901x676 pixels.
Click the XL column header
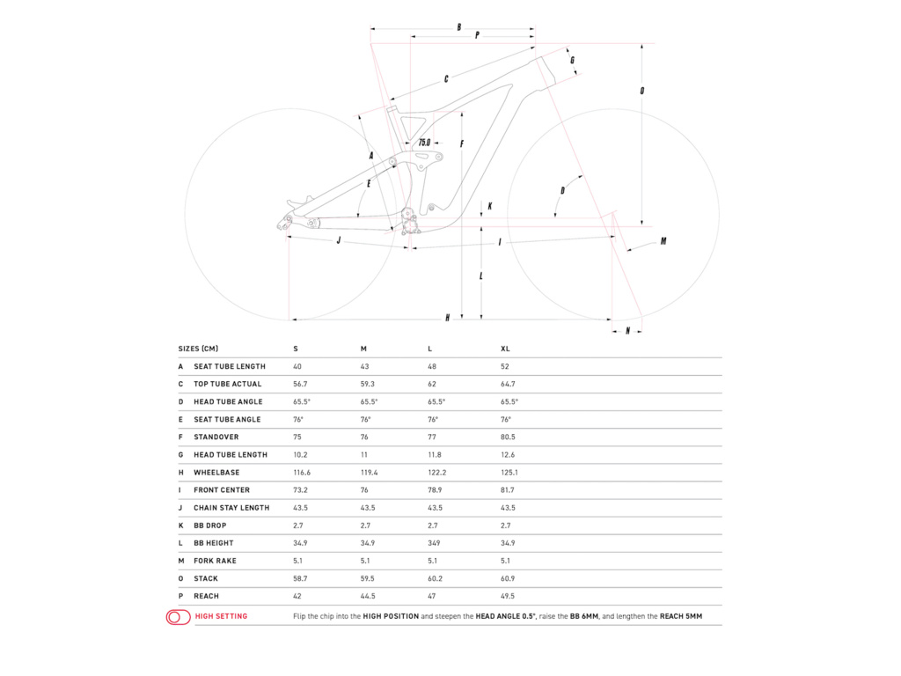pyautogui.click(x=505, y=349)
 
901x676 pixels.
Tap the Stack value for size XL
pyautogui.click(x=508, y=578)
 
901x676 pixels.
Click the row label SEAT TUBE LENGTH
pyautogui.click(x=229, y=366)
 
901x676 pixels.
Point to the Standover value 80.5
pyautogui.click(x=508, y=437)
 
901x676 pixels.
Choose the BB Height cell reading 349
pyautogui.click(x=435, y=543)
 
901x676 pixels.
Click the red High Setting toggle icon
pyautogui.click(x=179, y=617)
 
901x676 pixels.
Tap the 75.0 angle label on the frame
pyautogui.click(x=424, y=142)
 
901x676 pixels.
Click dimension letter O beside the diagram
pyautogui.click(x=642, y=91)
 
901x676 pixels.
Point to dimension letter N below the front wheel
pyautogui.click(x=627, y=331)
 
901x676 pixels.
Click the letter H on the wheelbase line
pyautogui.click(x=448, y=318)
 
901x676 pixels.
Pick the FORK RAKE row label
pyautogui.click(x=215, y=561)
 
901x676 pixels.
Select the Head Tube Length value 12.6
pyautogui.click(x=508, y=455)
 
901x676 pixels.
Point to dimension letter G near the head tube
pyautogui.click(x=573, y=60)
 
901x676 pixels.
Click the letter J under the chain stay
pyautogui.click(x=339, y=239)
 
